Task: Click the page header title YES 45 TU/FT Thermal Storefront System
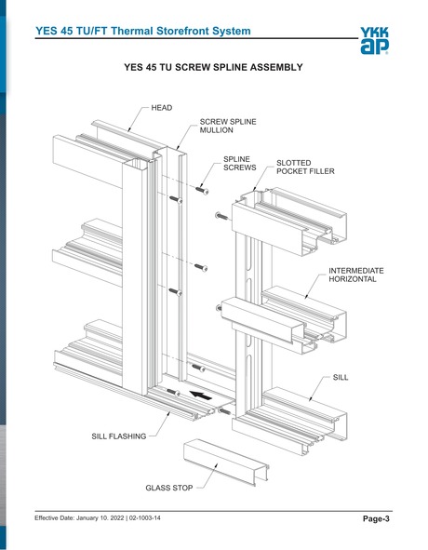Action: pyautogui.click(x=142, y=32)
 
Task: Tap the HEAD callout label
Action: pyautogui.click(x=161, y=109)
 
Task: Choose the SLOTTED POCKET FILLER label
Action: pyautogui.click(x=305, y=168)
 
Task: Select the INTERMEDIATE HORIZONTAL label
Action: pyautogui.click(x=355, y=275)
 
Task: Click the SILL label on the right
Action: pyautogui.click(x=341, y=380)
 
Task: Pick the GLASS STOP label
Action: pyautogui.click(x=168, y=487)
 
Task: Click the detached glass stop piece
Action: pyautogui.click(x=224, y=458)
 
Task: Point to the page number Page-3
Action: pyautogui.click(x=377, y=518)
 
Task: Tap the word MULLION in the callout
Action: pyautogui.click(x=221, y=132)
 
